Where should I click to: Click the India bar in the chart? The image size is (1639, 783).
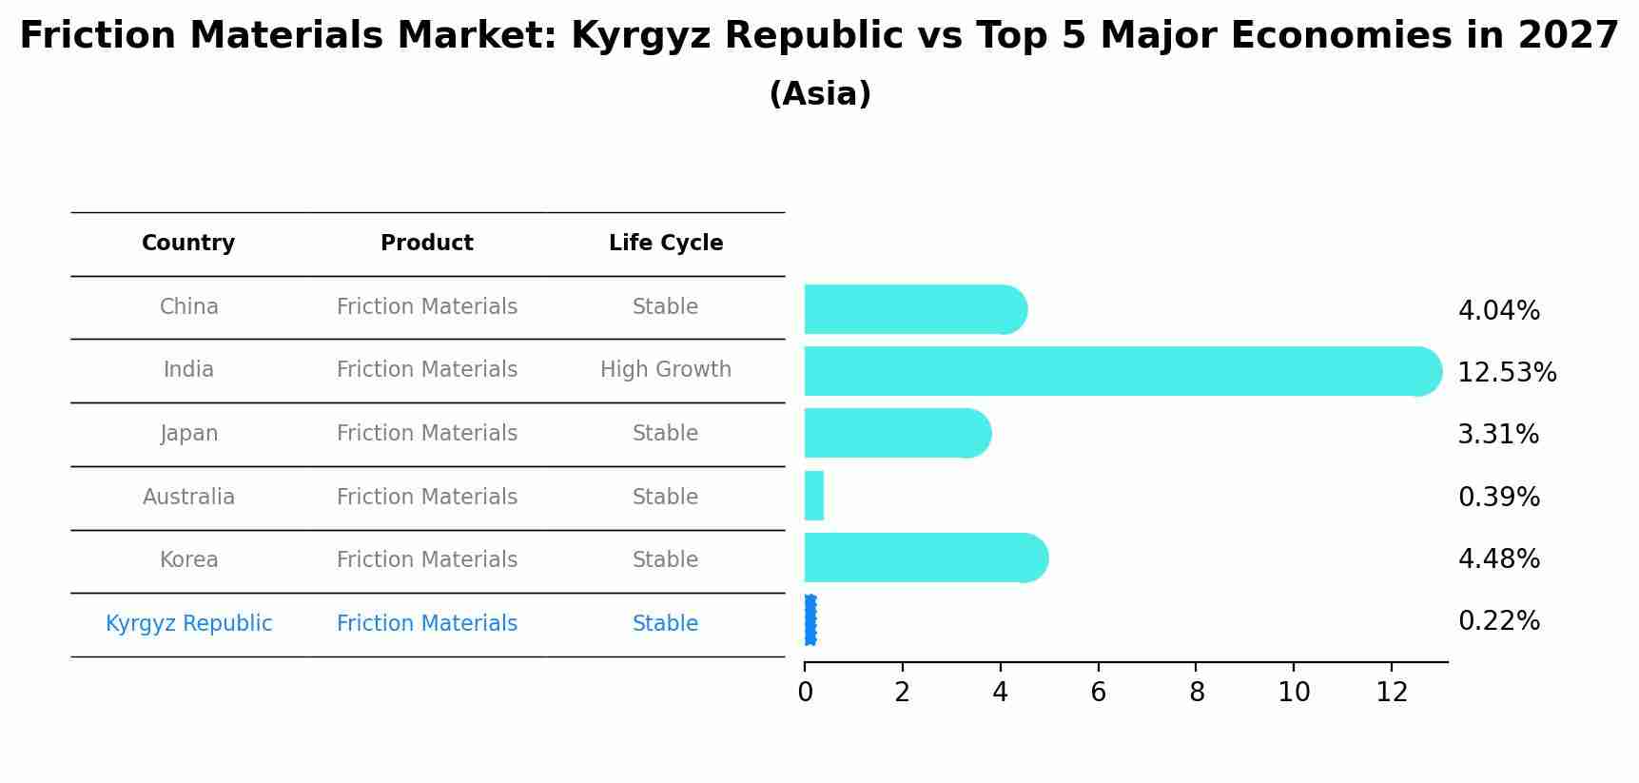(x=1122, y=371)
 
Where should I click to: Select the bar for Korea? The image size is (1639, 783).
(x=926, y=558)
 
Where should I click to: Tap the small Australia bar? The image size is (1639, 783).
(x=814, y=496)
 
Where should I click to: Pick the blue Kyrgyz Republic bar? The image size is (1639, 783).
(x=810, y=620)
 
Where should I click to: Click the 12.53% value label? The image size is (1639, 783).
(x=1507, y=373)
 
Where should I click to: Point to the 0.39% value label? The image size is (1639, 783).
(x=1498, y=498)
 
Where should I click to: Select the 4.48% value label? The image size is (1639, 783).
(x=1498, y=559)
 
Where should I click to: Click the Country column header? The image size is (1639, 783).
(x=188, y=244)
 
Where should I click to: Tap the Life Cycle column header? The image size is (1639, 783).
(x=666, y=244)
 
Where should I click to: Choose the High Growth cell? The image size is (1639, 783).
(x=666, y=370)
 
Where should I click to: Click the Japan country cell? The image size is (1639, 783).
(x=188, y=434)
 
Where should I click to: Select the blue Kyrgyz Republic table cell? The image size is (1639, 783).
(x=188, y=624)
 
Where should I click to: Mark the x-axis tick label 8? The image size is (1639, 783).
(x=1197, y=693)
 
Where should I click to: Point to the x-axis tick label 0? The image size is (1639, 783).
(x=805, y=693)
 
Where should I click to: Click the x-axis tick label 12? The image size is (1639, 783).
(x=1392, y=693)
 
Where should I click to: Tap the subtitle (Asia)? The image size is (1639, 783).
(x=819, y=94)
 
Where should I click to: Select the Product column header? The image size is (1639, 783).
(x=427, y=244)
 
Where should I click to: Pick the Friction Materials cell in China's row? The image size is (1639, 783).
(x=427, y=307)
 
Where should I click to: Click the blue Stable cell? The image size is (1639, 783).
(x=666, y=624)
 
